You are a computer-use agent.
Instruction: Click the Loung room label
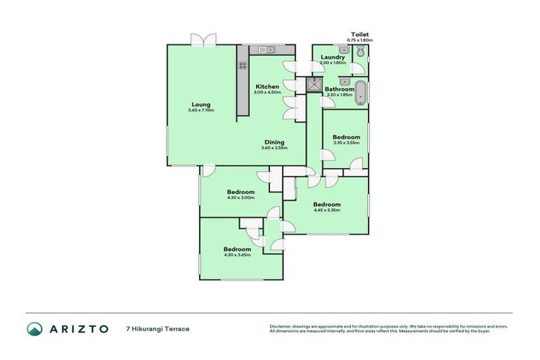point(200,104)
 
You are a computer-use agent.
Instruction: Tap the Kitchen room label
point(267,86)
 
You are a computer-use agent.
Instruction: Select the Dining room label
point(275,141)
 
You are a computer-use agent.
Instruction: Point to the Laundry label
point(333,57)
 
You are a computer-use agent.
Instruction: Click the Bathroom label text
point(339,89)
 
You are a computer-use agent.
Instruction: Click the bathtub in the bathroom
point(361,92)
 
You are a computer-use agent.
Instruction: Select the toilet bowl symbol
point(360,51)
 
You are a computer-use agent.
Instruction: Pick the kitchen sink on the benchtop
point(266,49)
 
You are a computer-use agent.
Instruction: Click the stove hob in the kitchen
point(243,65)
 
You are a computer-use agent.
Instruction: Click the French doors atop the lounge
point(203,40)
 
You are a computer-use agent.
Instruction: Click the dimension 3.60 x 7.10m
point(200,110)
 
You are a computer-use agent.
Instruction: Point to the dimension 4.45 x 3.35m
point(326,210)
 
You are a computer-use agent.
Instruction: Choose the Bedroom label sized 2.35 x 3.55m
point(346,137)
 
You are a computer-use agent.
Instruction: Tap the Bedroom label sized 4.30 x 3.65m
point(237,249)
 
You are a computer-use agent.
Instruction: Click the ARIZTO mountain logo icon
point(34,328)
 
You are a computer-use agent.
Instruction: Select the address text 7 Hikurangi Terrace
point(157,328)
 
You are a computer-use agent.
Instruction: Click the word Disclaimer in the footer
point(281,326)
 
